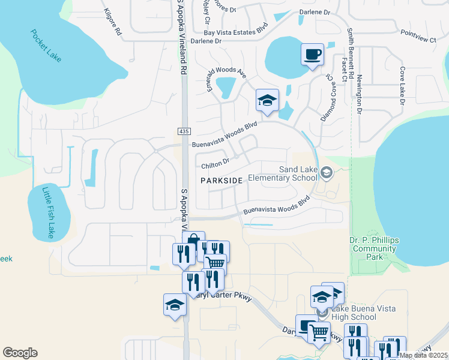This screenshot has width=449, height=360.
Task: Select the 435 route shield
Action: (x=184, y=131)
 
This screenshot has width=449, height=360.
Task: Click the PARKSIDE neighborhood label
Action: (x=221, y=181)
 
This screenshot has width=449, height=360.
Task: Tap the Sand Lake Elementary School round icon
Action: (x=327, y=173)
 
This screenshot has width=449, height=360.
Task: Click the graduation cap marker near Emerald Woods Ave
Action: (x=267, y=100)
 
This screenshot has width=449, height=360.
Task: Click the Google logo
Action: (x=20, y=353)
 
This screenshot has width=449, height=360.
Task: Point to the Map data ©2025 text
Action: (x=423, y=355)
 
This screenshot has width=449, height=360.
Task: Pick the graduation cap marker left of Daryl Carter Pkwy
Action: (x=175, y=305)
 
